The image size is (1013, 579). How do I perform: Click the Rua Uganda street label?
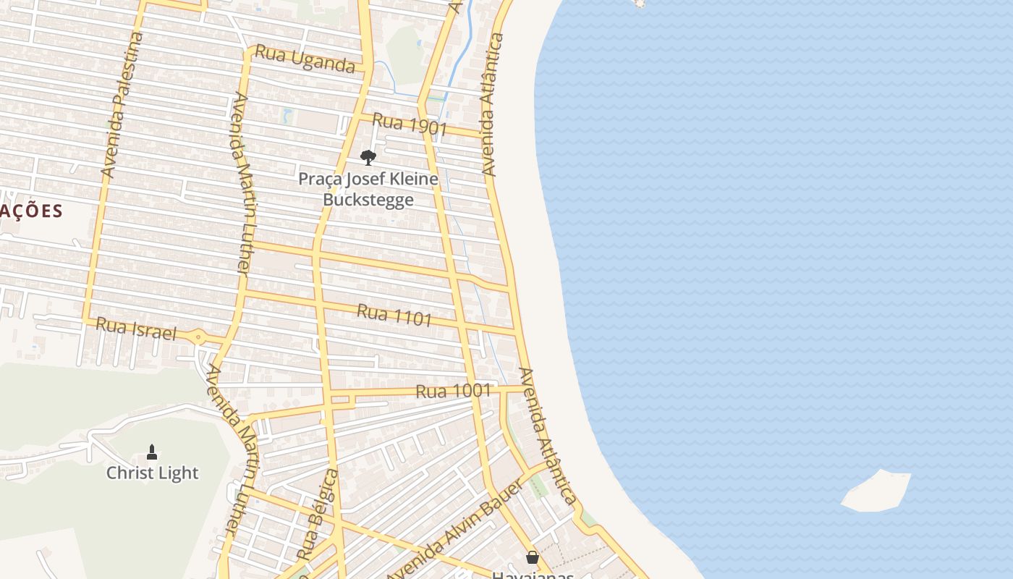pos(305,59)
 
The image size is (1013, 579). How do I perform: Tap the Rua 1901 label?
pos(410,124)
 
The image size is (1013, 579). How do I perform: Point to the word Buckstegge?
pos(368,200)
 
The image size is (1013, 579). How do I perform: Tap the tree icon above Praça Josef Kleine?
pos(368,157)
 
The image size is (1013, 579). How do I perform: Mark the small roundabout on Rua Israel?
pos(198,337)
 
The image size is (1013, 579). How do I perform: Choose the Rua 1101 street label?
pos(394,315)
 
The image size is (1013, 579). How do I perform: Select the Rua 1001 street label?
pos(454,391)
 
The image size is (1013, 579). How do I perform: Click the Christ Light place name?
pos(152,473)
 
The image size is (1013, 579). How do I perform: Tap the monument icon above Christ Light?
pos(152,452)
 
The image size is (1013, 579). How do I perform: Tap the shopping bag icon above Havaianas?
pos(533,557)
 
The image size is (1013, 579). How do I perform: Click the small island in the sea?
pos(876,491)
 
